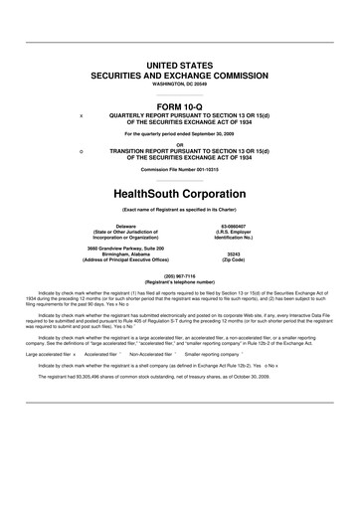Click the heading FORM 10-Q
pyautogui.click(x=180, y=106)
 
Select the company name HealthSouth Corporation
pyautogui.click(x=180, y=192)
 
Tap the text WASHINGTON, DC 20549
pyautogui.click(x=180, y=85)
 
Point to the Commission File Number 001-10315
pyautogui.click(x=180, y=170)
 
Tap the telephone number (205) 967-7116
pyautogui.click(x=180, y=275)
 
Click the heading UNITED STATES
pyautogui.click(x=180, y=65)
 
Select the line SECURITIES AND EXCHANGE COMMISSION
pyautogui.click(x=180, y=76)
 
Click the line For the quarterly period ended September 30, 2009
pyautogui.click(x=180, y=133)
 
